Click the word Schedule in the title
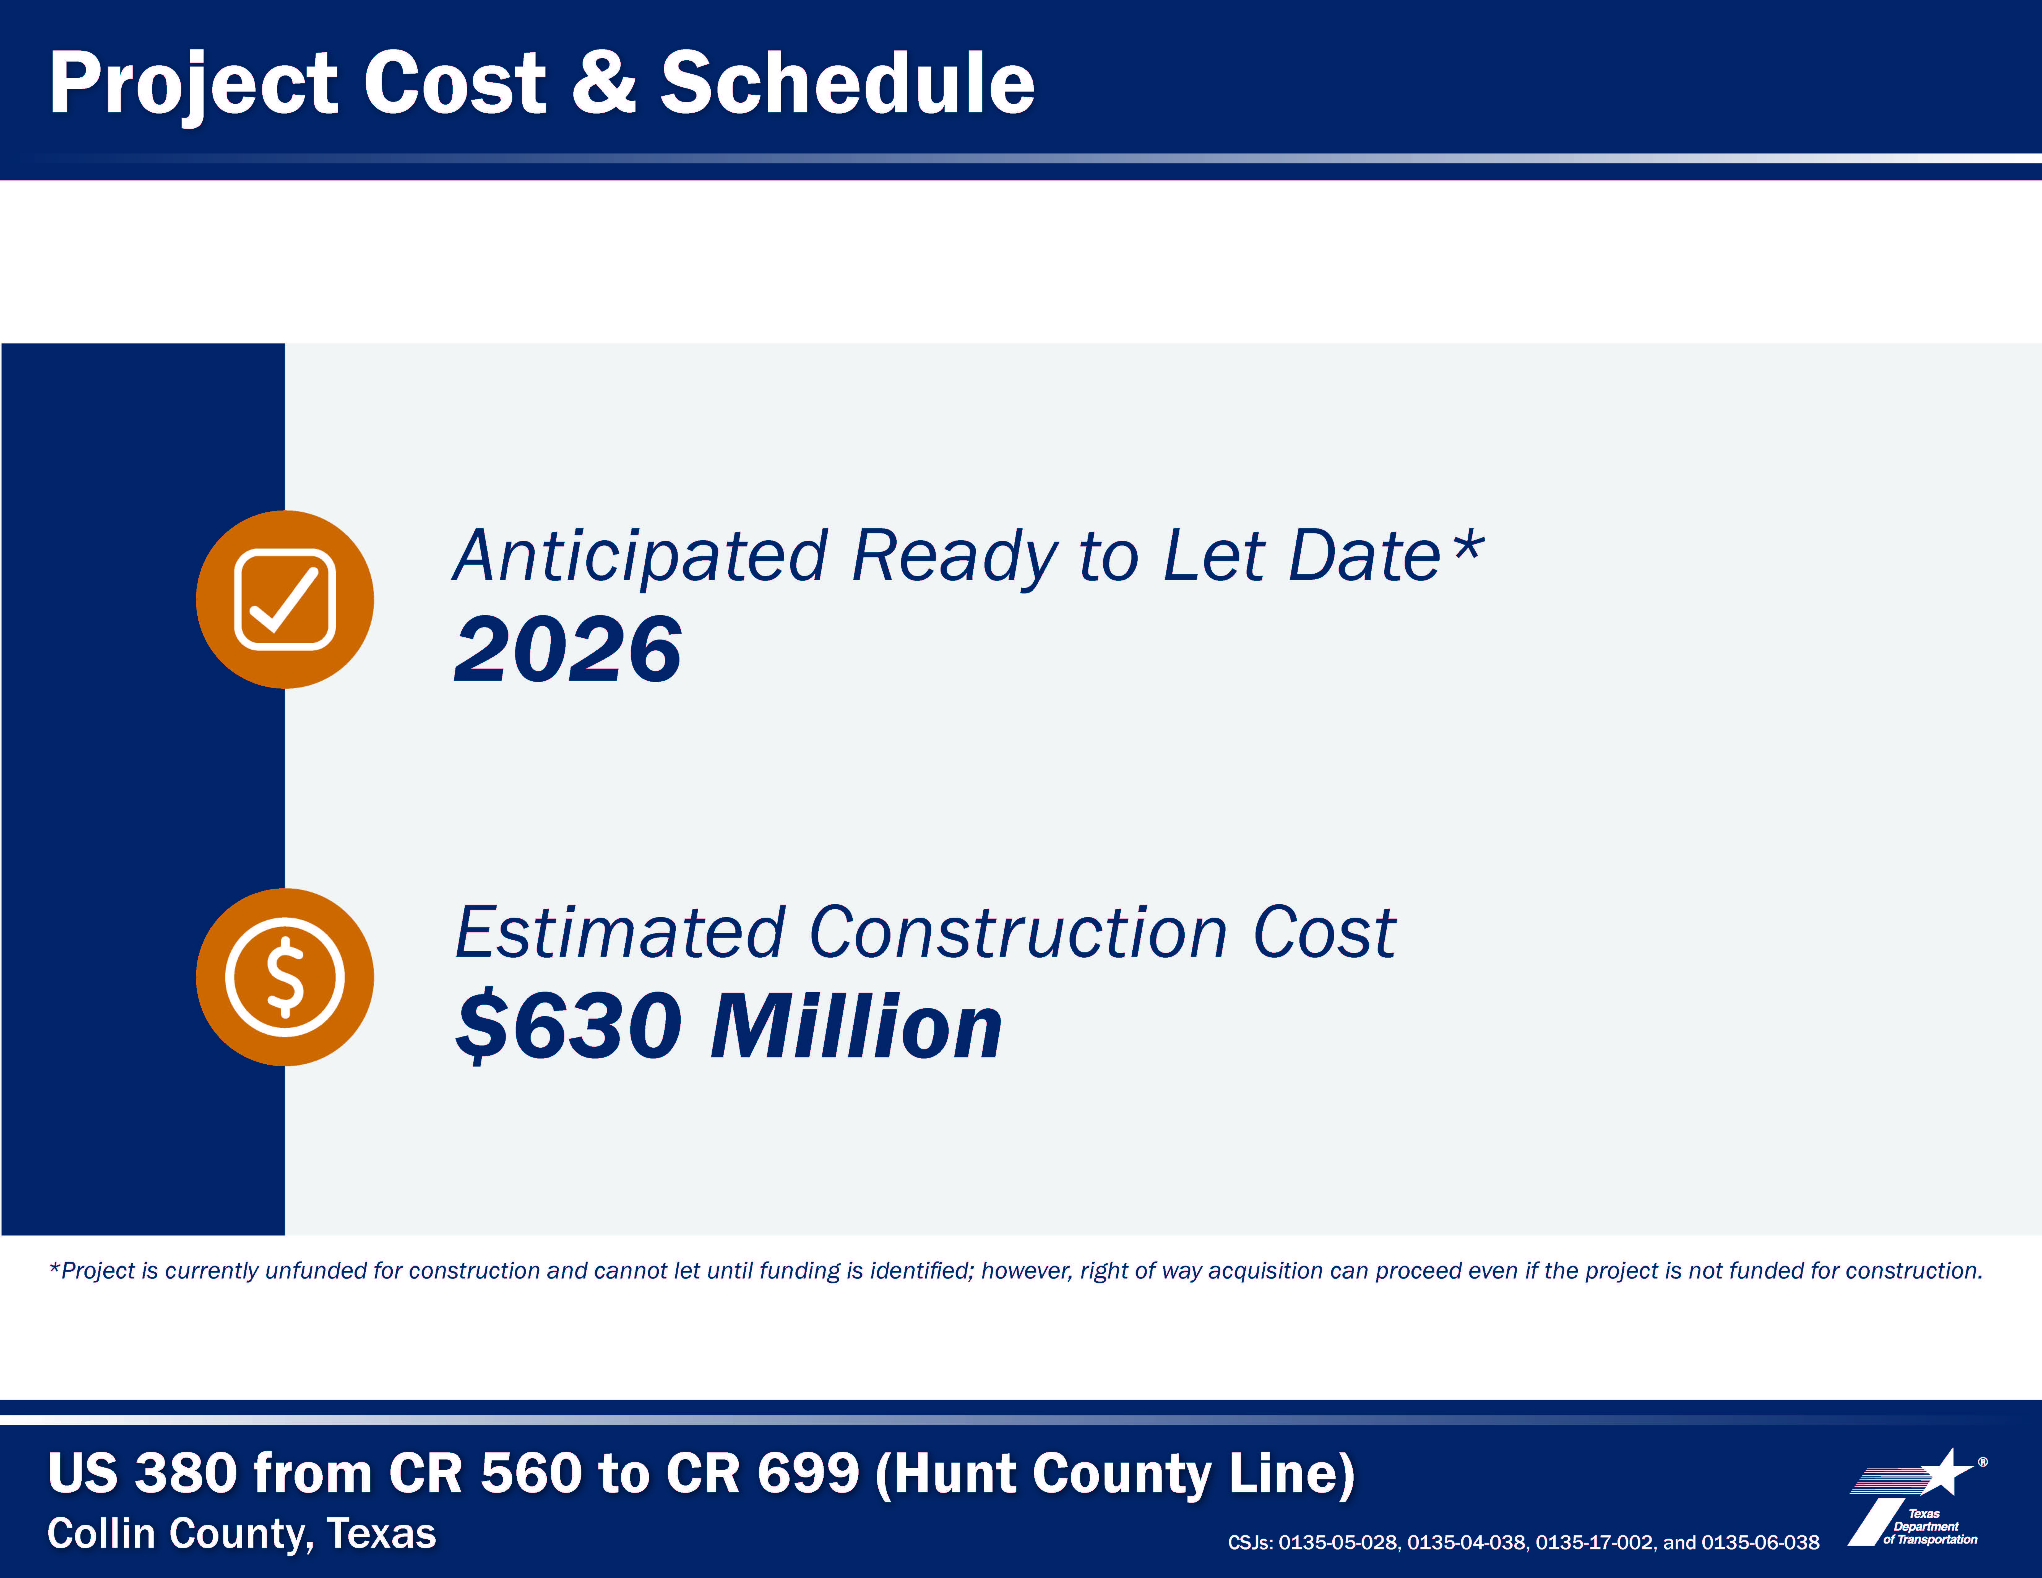[x=847, y=82]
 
